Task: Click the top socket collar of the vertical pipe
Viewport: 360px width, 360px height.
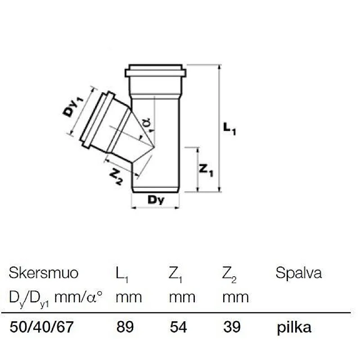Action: click(x=155, y=72)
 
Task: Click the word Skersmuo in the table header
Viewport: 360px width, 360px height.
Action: click(x=44, y=273)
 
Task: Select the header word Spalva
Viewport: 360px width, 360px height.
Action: click(x=299, y=273)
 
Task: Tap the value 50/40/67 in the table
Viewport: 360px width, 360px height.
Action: click(x=41, y=327)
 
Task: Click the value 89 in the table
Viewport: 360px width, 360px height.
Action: click(x=125, y=327)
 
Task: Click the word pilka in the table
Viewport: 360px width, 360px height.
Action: click(x=294, y=327)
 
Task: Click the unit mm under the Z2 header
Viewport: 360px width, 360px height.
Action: click(x=235, y=297)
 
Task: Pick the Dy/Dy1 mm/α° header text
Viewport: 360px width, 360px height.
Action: click(x=56, y=297)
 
